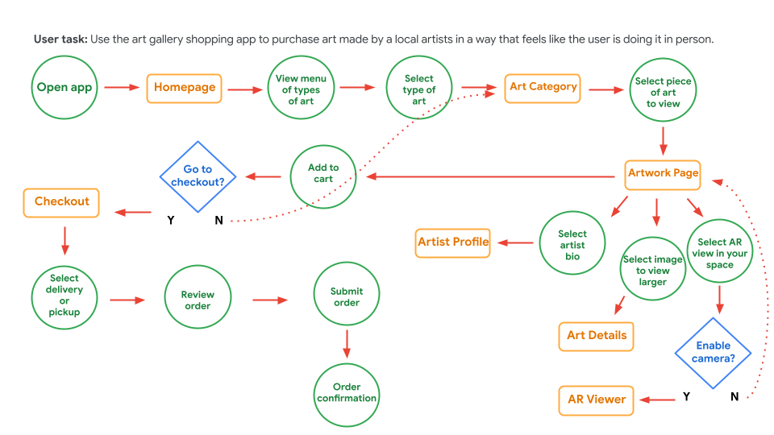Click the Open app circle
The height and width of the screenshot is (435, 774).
64,88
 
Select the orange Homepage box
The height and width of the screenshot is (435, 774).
185,88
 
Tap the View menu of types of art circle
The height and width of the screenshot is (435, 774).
301,89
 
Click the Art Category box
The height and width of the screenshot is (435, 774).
543,87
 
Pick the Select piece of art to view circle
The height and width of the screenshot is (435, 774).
664,92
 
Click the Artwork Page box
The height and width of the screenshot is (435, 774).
663,173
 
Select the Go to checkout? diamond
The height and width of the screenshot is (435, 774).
198,176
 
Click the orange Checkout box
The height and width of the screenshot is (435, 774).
62,201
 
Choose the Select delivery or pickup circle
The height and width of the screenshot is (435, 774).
64,295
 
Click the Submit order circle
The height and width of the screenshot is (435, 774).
347,296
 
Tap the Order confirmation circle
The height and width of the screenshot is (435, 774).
347,393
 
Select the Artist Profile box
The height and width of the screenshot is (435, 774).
453,242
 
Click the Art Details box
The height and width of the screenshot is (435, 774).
597,335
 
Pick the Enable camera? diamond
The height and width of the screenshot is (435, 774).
713,352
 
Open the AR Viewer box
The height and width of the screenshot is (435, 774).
597,399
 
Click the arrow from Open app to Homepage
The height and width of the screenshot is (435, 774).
123,88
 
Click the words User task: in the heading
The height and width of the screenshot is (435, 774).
60,39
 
